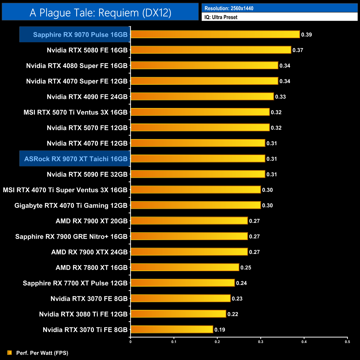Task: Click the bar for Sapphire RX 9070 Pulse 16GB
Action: coord(215,34)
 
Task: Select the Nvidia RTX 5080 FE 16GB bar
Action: coord(211,50)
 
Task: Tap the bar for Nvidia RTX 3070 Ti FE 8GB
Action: coord(172,329)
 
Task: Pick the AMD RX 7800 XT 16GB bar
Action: coord(185,267)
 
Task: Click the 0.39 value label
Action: coord(307,35)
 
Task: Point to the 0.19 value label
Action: coord(220,330)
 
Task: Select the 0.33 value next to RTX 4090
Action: coord(280,97)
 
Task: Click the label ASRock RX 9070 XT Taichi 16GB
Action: coord(76,159)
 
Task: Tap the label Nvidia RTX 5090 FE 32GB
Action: coord(87,174)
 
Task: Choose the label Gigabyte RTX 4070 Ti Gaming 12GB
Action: coord(71,205)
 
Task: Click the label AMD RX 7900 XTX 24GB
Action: coord(89,252)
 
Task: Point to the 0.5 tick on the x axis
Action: coord(347,342)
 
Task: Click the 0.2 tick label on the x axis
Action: coord(217,342)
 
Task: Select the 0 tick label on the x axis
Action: coord(130,342)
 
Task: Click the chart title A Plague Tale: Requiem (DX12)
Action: coord(100,13)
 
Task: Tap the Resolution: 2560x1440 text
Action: coord(229,8)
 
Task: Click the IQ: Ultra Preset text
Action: coord(221,17)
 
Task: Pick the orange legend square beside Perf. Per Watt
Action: coord(10,353)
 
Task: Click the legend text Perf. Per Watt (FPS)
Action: coord(42,353)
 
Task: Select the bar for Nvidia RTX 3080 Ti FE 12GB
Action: coord(178,314)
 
